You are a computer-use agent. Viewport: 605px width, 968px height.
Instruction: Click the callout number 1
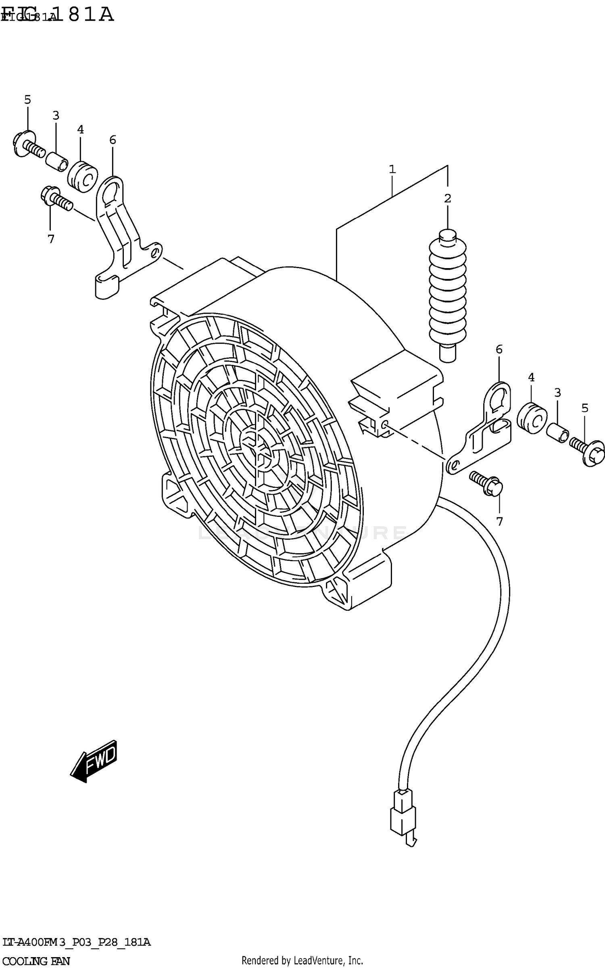(392, 169)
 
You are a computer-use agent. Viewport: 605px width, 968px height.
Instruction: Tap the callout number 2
(447, 198)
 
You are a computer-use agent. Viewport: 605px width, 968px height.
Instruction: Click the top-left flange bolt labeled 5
(28, 144)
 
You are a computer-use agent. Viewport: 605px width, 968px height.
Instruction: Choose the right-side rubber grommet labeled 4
(532, 418)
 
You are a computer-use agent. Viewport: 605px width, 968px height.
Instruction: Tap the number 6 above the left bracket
(113, 140)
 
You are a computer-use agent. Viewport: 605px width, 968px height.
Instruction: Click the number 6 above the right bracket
(499, 349)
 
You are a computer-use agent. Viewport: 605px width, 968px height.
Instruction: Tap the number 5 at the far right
(585, 408)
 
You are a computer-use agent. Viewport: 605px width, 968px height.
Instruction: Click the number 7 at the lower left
(51, 239)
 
